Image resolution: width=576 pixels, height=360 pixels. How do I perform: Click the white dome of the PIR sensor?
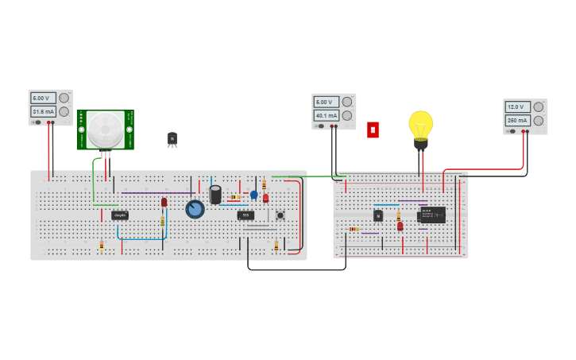point(105,130)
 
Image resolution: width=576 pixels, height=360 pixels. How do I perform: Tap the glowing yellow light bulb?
point(420,126)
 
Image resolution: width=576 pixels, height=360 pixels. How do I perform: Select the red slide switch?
point(373,130)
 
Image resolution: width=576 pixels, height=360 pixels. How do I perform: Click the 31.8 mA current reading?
point(42,112)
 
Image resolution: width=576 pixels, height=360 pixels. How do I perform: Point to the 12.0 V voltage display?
point(517,106)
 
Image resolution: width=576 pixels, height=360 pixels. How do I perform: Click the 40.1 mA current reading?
point(326,115)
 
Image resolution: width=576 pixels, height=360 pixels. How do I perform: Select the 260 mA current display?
point(517,121)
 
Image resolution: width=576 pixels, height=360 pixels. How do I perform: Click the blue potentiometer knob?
point(195,209)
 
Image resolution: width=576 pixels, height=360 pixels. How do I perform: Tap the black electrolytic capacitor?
point(215,195)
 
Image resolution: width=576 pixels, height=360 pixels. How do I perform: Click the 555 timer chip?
point(245,215)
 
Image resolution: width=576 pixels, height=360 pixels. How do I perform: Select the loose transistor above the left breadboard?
point(172,139)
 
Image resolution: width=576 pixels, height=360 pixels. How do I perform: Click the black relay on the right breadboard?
point(433,215)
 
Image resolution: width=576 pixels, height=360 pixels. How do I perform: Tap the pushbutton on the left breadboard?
point(280,215)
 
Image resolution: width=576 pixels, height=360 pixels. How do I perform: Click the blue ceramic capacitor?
point(254,195)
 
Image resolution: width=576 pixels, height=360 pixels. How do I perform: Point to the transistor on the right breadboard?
point(378,215)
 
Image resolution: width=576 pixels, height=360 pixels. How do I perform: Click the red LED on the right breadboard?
point(400,226)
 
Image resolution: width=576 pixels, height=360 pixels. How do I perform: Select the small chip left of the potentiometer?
point(120,215)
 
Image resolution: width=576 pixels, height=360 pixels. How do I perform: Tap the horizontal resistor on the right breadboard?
point(354,229)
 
